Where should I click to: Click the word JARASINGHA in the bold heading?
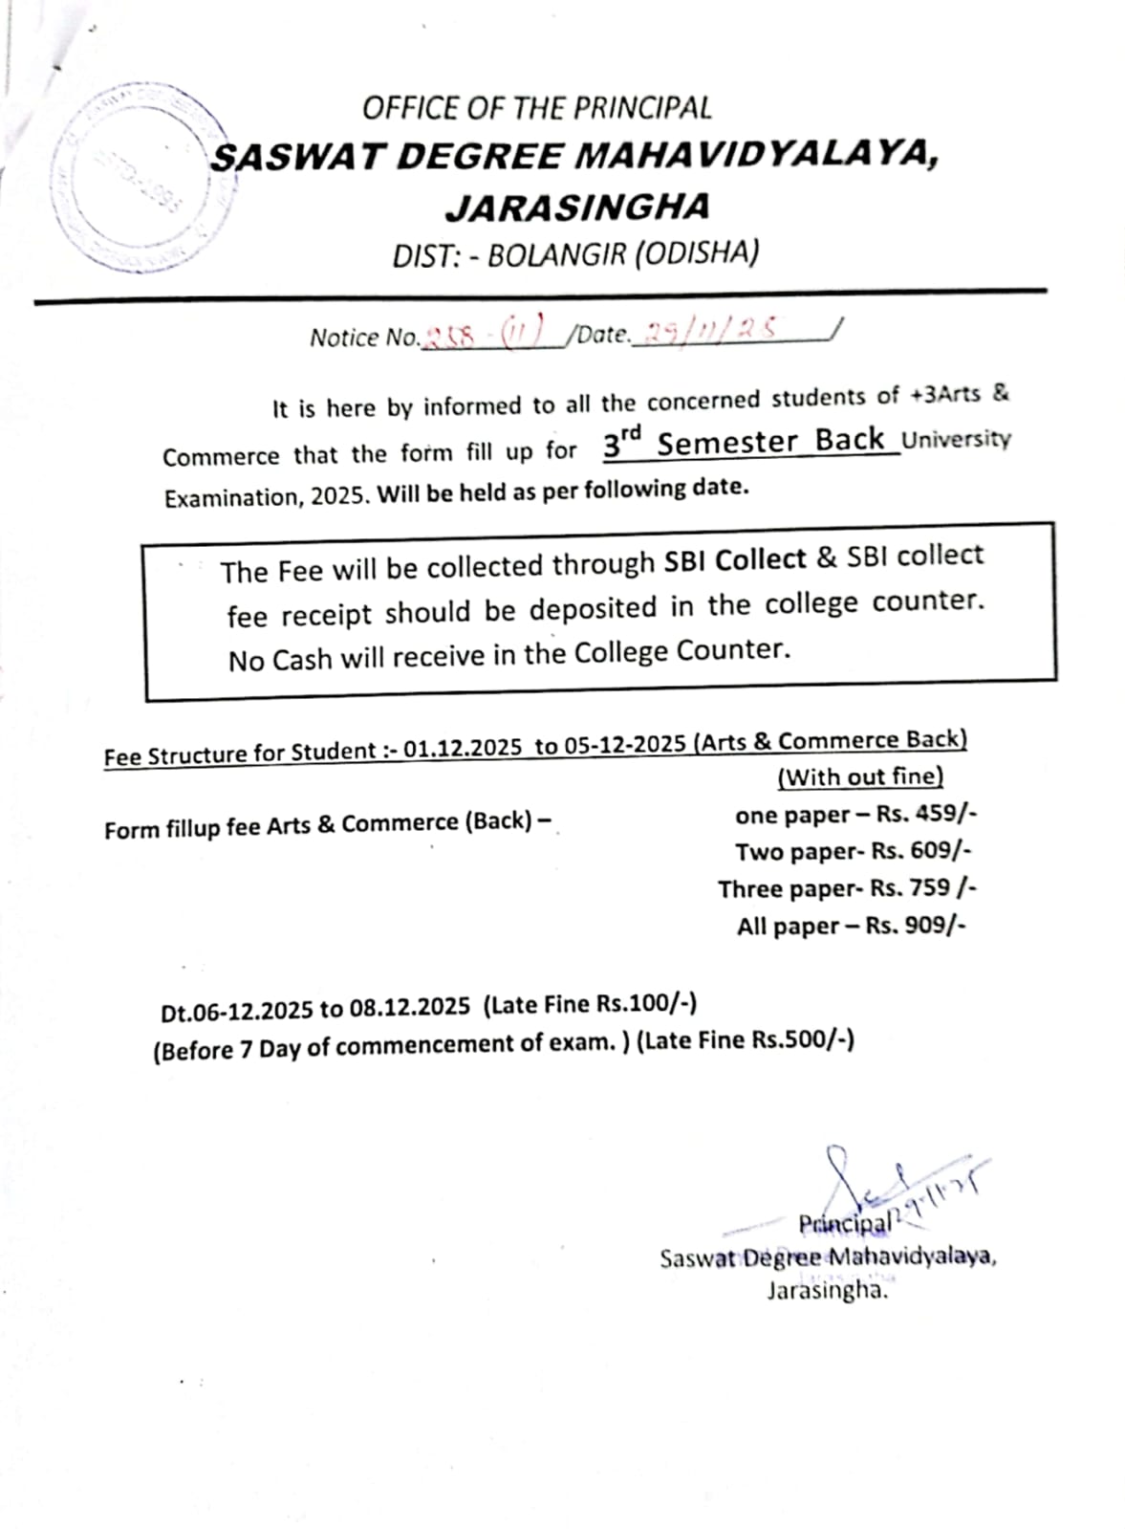pyautogui.click(x=578, y=206)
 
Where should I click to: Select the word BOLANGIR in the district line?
pyautogui.click(x=555, y=255)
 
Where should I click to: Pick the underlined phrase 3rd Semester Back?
pyautogui.click(x=746, y=442)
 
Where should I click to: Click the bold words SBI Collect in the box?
pyautogui.click(x=735, y=560)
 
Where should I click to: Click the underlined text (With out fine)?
pyautogui.click(x=860, y=776)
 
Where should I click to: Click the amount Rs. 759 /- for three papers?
pyautogui.click(x=923, y=888)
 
